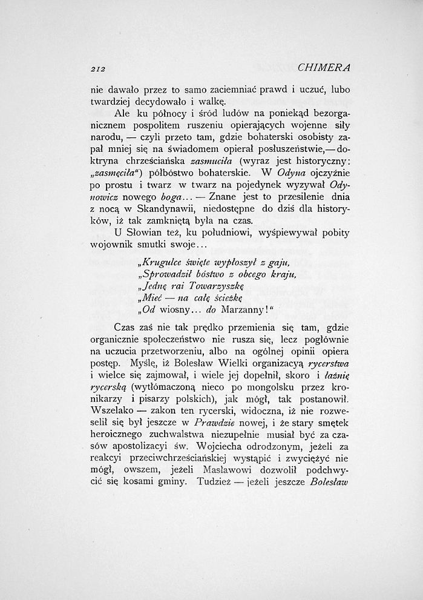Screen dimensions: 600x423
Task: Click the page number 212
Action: click(x=99, y=67)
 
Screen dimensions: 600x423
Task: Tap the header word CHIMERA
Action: click(x=324, y=67)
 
